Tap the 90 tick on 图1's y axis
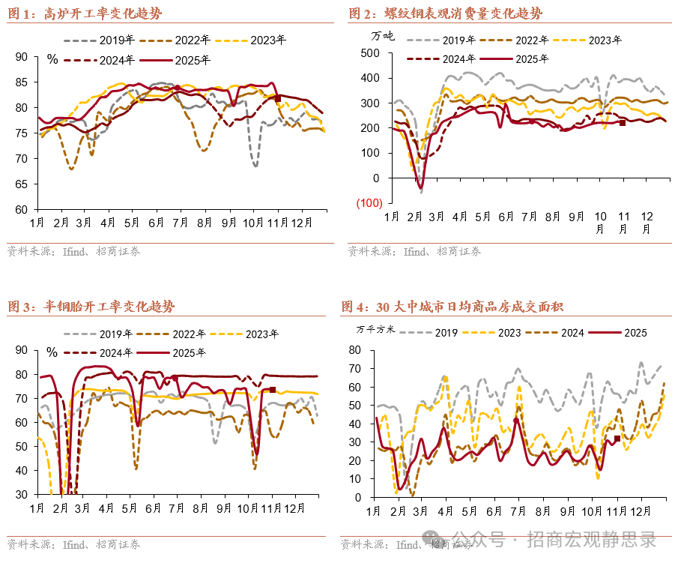[21, 56]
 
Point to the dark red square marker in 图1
[278, 98]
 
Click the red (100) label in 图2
[368, 203]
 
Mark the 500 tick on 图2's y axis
[369, 52]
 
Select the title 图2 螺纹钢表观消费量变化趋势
[446, 13]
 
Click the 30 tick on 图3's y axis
[21, 496]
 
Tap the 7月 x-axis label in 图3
[177, 508]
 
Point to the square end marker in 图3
[273, 390]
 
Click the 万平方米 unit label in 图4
[374, 328]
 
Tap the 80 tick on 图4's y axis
[356, 349]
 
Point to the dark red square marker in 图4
[617, 439]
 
